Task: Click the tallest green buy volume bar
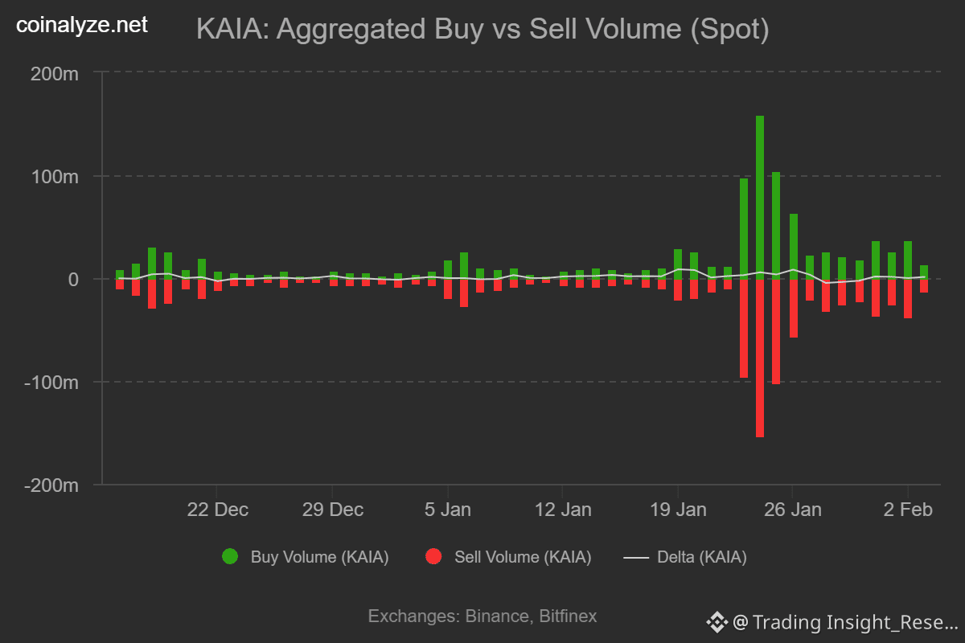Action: [x=760, y=197]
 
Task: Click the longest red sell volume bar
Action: [x=760, y=358]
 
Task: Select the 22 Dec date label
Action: [x=218, y=510]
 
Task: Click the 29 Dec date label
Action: [x=333, y=510]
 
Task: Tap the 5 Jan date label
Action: [x=449, y=510]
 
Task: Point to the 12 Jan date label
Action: [x=563, y=510]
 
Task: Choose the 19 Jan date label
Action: [x=678, y=510]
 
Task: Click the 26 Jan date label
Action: [x=793, y=510]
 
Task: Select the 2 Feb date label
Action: [x=909, y=510]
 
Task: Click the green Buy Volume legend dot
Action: [x=230, y=557]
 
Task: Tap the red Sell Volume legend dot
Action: [x=433, y=557]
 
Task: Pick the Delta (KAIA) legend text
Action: [x=701, y=557]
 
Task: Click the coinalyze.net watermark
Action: [x=82, y=26]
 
